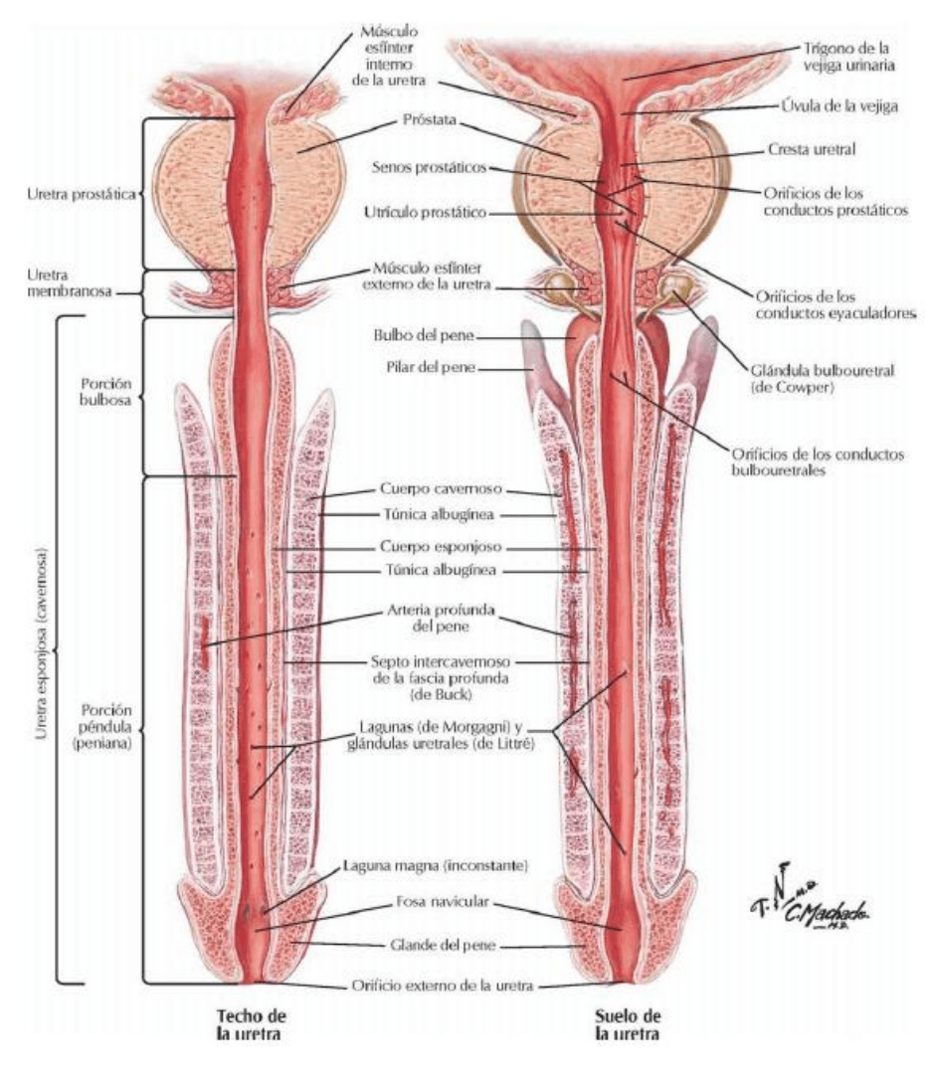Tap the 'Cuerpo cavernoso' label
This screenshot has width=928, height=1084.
(x=440, y=489)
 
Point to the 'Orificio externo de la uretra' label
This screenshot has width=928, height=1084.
(x=443, y=986)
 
